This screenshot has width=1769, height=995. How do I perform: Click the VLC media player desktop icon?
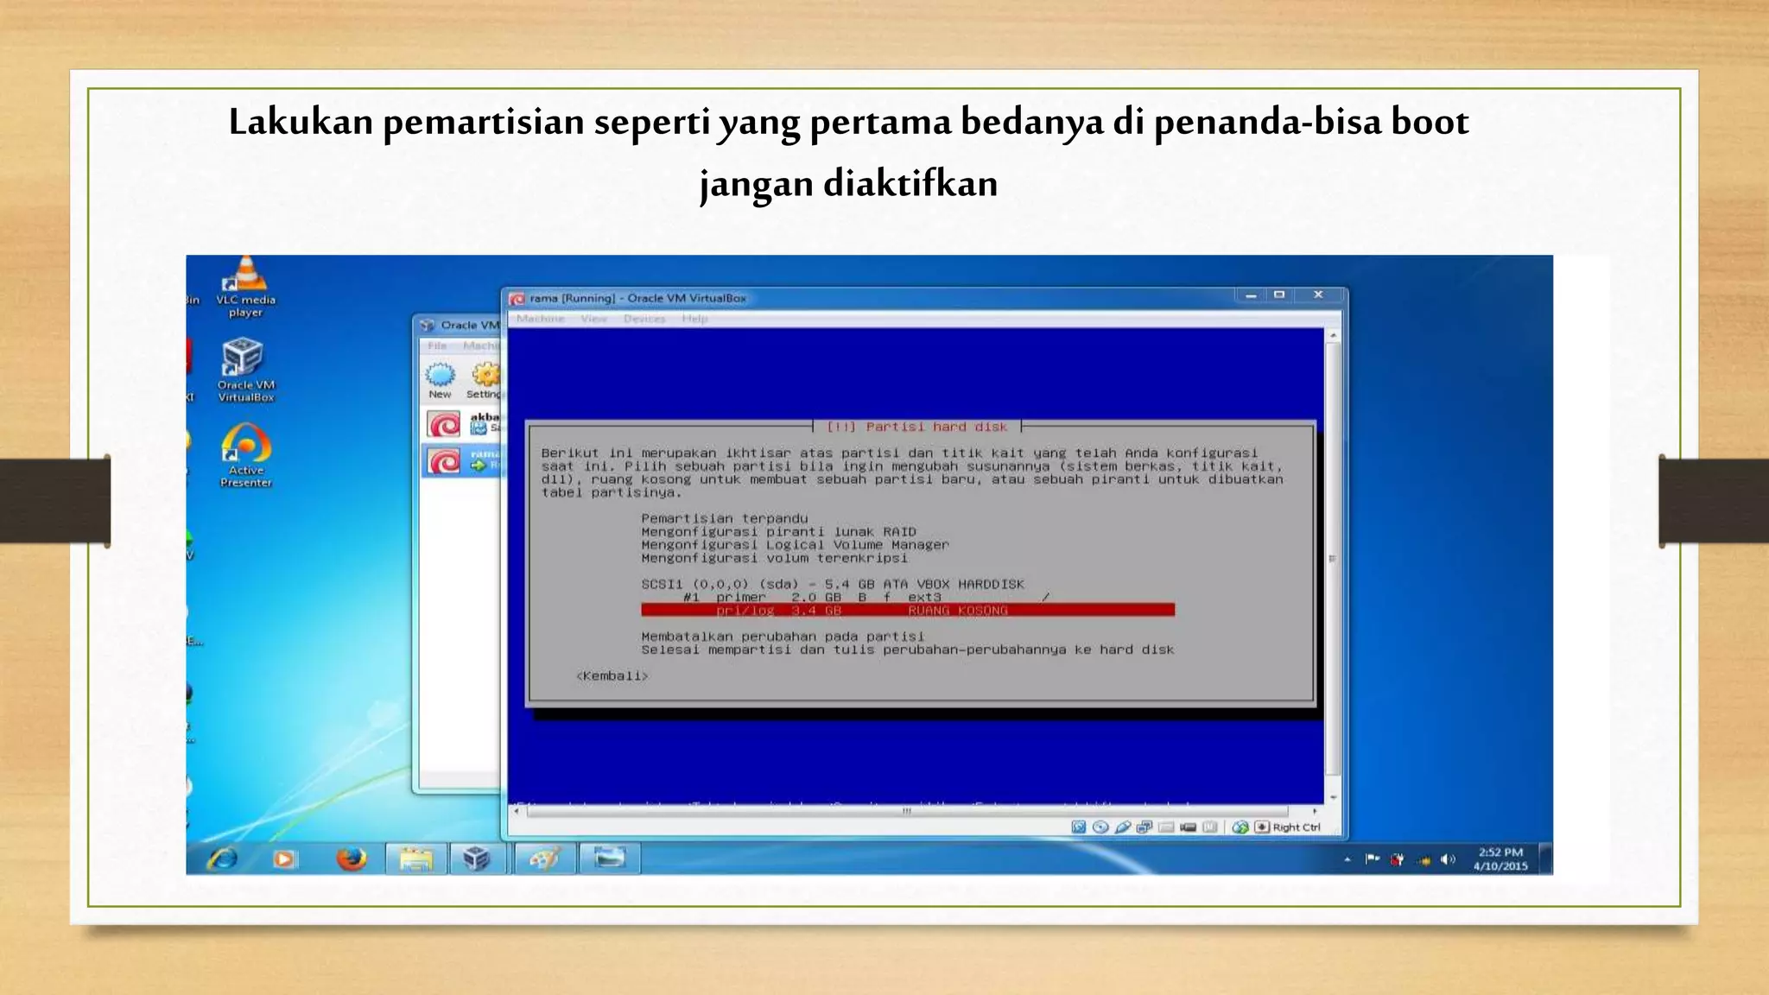(x=245, y=285)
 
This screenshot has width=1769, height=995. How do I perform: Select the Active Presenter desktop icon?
(x=246, y=454)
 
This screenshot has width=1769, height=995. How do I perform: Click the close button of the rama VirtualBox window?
(x=1318, y=295)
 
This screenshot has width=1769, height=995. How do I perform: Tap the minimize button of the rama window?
(x=1250, y=295)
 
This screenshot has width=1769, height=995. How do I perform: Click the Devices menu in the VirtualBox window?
(x=644, y=319)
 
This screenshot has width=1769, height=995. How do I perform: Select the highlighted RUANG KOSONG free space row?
(x=907, y=611)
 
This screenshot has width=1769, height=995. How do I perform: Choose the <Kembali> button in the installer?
(x=612, y=676)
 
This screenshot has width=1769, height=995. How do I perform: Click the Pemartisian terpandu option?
(x=724, y=518)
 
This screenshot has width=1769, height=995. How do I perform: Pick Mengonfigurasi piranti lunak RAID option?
(x=777, y=532)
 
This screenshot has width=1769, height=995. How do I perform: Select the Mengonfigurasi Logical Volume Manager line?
(x=794, y=545)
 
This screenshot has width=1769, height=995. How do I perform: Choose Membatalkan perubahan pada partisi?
(x=782, y=637)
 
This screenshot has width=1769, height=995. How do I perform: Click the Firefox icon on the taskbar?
(x=352, y=859)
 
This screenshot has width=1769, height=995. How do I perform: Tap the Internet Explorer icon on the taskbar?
(x=222, y=859)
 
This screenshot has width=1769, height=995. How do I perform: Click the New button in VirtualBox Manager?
(x=441, y=380)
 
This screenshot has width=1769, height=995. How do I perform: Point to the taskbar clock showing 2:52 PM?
(x=1500, y=859)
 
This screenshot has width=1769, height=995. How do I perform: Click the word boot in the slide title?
(x=1430, y=122)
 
